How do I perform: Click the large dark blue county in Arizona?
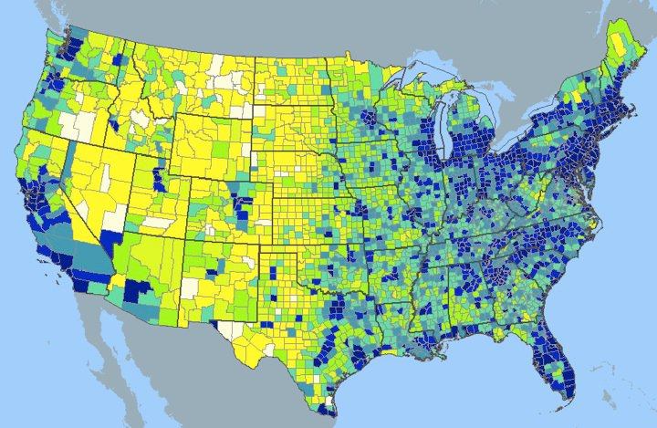point(138,293)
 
